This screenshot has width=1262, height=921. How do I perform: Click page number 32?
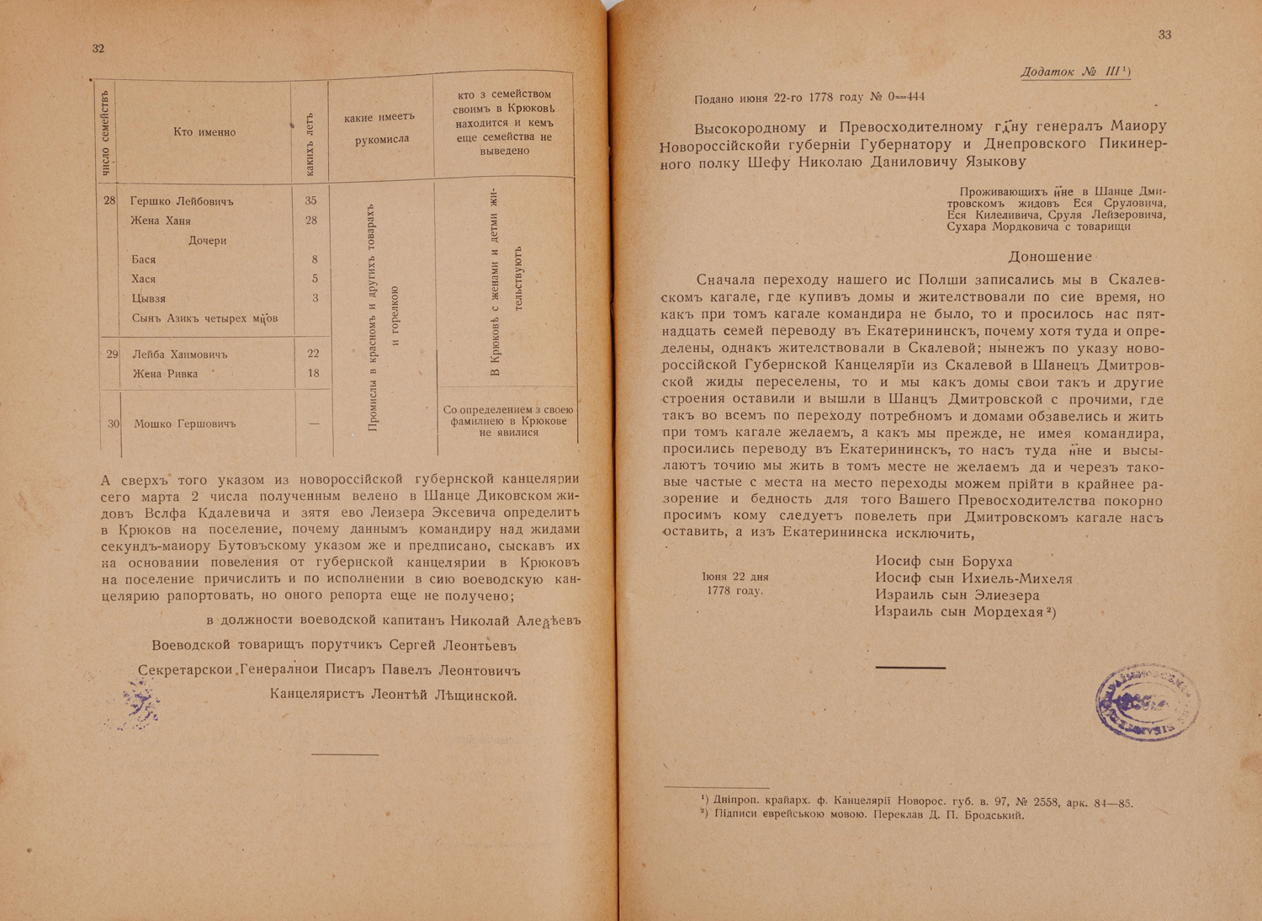[x=98, y=49]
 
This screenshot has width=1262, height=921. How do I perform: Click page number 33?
[x=1164, y=35]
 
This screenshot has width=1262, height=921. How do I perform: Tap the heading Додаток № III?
[x=1074, y=72]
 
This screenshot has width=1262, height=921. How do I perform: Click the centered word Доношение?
[x=1050, y=257]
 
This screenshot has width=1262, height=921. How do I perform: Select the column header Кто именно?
[x=204, y=132]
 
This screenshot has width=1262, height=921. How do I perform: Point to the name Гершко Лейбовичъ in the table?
[x=182, y=202]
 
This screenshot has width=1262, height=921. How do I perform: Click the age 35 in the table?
[x=311, y=201]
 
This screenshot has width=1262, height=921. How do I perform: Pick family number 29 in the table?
[x=114, y=354]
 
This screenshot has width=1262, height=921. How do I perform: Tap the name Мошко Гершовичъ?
[x=185, y=424]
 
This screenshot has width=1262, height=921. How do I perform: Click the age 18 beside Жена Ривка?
[x=313, y=374]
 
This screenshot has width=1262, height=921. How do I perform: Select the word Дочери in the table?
[x=207, y=241]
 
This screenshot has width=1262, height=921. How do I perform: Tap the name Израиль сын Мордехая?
[x=959, y=612]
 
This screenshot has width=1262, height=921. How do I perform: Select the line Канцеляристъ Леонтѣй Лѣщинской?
[x=392, y=695]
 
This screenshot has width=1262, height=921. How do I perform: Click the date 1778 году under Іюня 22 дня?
[x=734, y=591]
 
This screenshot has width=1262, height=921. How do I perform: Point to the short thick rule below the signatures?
[x=910, y=667]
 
